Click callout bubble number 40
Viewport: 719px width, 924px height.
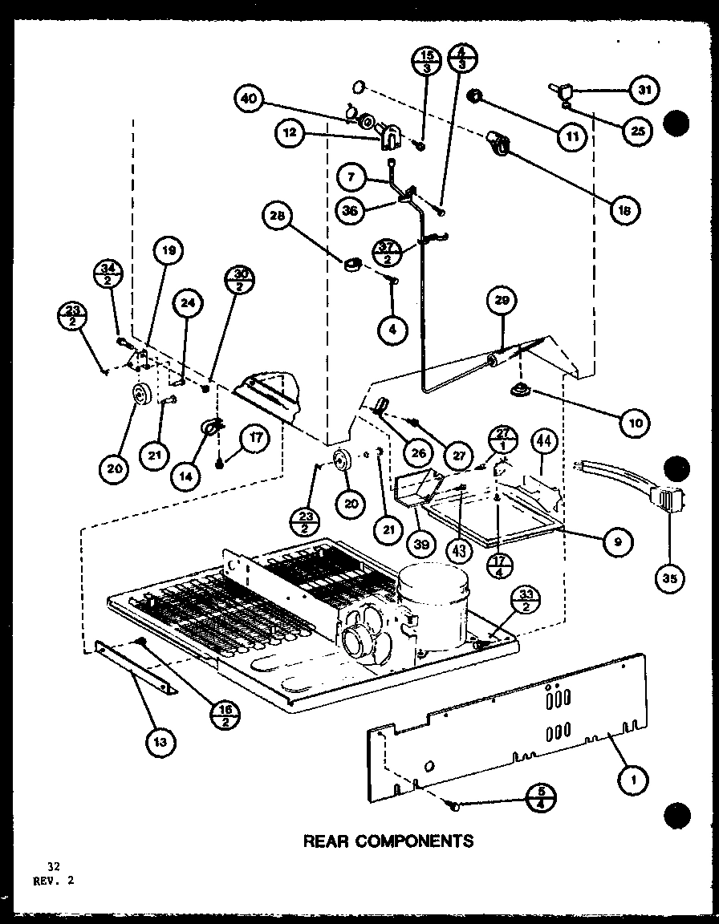[x=250, y=99]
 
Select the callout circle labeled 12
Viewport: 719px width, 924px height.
[x=290, y=133]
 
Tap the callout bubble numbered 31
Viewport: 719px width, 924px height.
[x=643, y=91]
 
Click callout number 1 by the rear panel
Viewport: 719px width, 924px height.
[x=633, y=776]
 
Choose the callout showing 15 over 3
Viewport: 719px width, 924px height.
[x=426, y=63]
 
